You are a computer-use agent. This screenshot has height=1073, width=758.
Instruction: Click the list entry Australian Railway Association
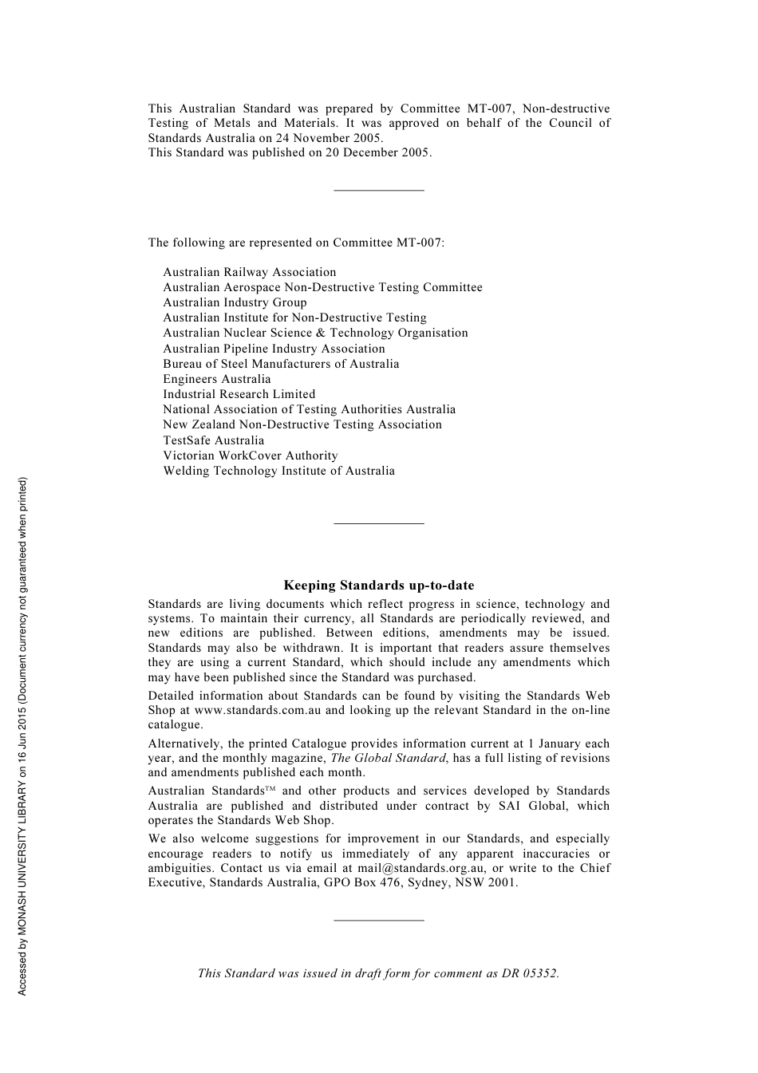[249, 272]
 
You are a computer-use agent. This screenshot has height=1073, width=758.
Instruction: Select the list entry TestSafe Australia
[213, 440]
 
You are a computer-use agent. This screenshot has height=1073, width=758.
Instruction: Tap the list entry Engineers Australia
[216, 379]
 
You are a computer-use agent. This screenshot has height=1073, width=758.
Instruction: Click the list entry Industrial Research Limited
[239, 394]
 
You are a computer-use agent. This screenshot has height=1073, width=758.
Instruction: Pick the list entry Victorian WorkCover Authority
[250, 456]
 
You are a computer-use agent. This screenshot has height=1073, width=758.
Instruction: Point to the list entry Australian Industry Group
[235, 302]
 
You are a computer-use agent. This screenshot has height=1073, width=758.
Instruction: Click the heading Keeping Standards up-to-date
[378, 586]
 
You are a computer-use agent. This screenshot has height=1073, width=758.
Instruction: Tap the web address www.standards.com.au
[258, 710]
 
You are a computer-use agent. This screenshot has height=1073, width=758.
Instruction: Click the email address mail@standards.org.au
[420, 868]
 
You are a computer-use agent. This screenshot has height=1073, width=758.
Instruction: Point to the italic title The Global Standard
[389, 758]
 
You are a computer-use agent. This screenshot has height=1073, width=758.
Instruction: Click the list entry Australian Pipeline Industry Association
[274, 349]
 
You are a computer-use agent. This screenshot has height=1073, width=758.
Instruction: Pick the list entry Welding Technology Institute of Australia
[278, 471]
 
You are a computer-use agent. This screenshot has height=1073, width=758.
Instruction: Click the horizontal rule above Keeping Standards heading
[378, 523]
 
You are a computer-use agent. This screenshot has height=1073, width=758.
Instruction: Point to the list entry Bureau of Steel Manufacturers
[281, 364]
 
